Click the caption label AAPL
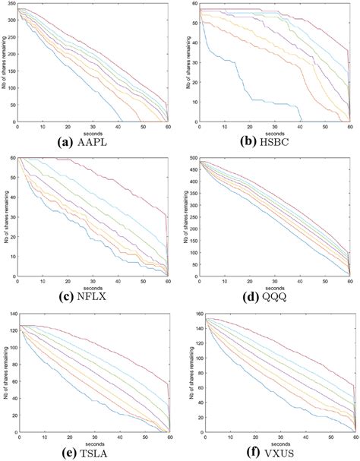(109, 141)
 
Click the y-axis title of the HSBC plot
(182, 64)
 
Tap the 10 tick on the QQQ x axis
(222, 280)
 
